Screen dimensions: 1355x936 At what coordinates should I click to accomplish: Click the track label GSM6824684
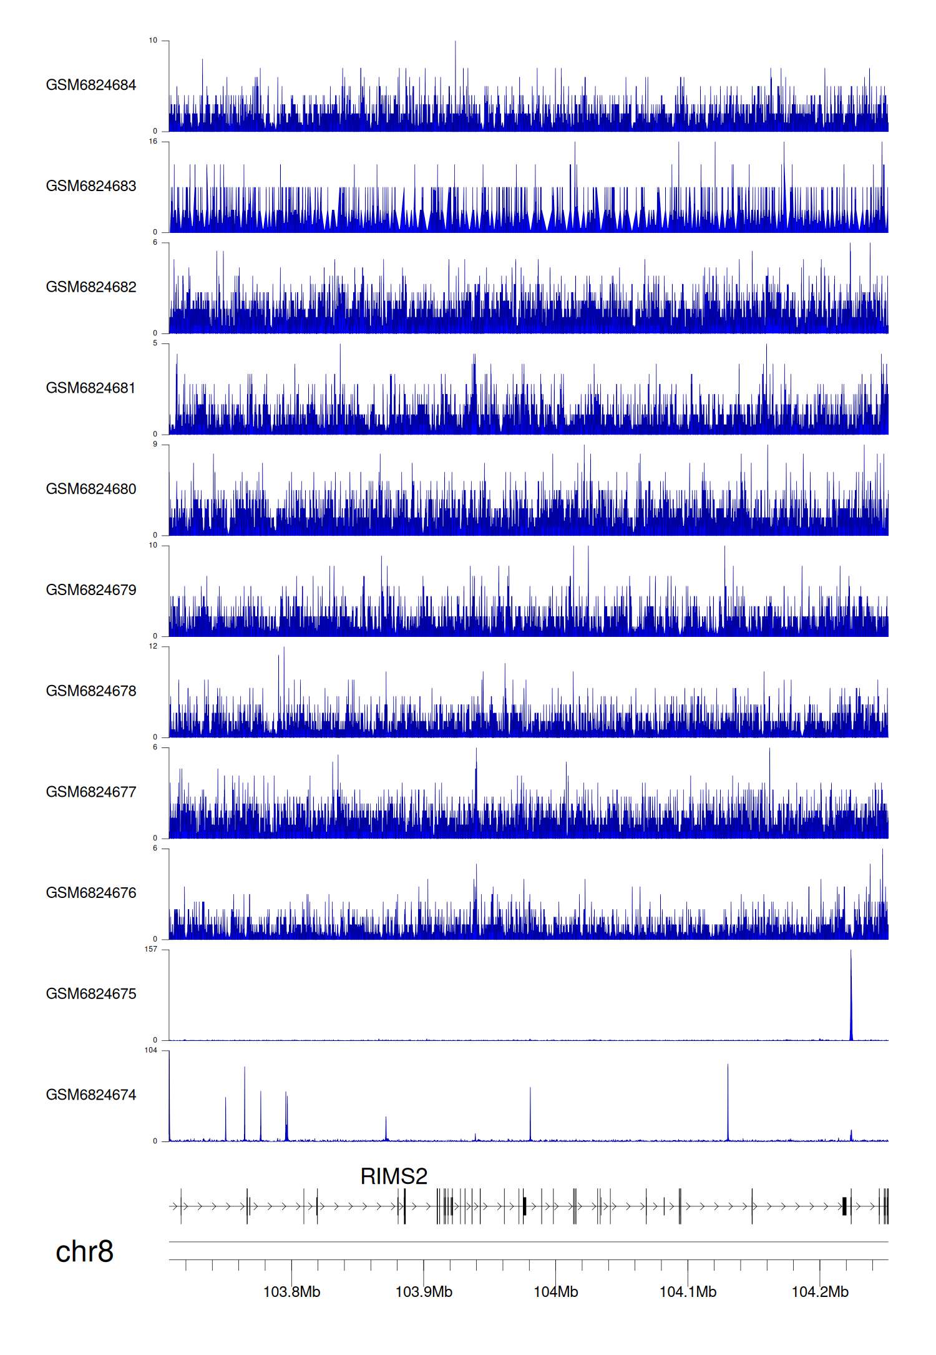point(91,85)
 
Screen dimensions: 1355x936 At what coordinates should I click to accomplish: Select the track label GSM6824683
point(91,186)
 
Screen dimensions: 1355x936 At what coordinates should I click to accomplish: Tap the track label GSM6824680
point(91,489)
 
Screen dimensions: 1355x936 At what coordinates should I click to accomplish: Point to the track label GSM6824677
point(91,792)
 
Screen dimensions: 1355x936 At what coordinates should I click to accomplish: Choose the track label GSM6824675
point(91,993)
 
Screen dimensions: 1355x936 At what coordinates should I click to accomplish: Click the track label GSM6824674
point(91,1095)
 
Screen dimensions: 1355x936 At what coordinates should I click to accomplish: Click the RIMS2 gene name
point(394,1176)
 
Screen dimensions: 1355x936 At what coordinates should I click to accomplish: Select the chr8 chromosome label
point(84,1251)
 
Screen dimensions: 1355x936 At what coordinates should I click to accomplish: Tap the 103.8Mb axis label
point(291,1291)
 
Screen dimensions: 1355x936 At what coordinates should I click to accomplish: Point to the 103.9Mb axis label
point(424,1291)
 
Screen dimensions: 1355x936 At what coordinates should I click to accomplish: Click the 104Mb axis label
point(555,1291)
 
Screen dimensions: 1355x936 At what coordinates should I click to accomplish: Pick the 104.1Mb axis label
point(688,1291)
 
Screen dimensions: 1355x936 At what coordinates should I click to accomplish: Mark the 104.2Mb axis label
point(820,1291)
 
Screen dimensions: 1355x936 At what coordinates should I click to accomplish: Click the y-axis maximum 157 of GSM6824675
point(151,949)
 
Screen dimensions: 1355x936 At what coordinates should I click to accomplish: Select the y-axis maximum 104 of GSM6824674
point(151,1050)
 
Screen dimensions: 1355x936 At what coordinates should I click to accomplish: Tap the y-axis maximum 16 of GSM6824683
point(153,142)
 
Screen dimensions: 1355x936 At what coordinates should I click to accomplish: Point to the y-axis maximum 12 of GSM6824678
point(153,646)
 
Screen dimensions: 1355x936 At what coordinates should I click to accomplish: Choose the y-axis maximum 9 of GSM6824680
point(155,445)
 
